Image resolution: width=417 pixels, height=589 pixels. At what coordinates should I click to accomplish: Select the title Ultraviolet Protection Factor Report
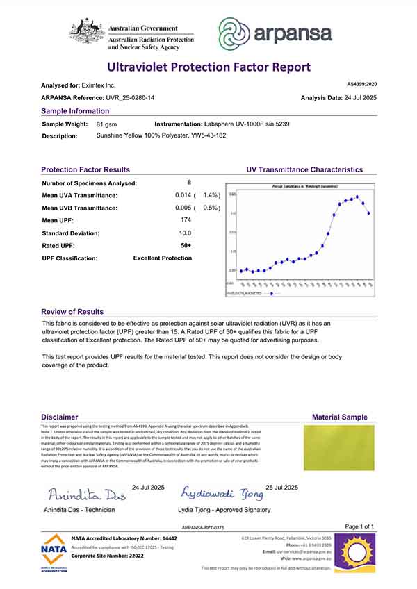point(208,67)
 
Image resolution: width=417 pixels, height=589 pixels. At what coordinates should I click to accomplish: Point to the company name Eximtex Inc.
point(101,85)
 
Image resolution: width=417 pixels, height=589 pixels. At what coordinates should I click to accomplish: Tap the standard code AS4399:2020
point(360,83)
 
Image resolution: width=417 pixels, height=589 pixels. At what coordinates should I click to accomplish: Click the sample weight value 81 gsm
point(106,123)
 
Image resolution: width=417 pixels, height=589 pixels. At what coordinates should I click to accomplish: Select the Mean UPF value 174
point(186,220)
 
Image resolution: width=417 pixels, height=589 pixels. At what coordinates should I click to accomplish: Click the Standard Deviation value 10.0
point(186,233)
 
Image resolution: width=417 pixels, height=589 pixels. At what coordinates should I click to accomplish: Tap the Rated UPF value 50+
point(186,245)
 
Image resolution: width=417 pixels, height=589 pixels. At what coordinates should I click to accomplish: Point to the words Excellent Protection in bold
point(163,258)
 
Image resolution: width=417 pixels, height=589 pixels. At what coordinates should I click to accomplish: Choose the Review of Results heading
point(72,312)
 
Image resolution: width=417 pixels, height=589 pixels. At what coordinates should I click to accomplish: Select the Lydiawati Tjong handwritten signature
point(222,494)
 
